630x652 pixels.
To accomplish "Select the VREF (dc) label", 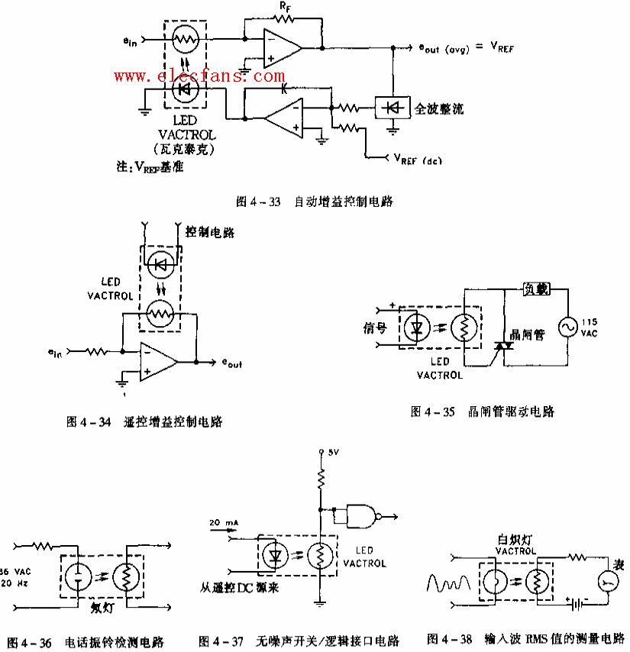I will (x=418, y=160).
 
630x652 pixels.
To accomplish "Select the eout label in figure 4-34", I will (x=232, y=366).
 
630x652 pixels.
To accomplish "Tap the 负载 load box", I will (x=535, y=291).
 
